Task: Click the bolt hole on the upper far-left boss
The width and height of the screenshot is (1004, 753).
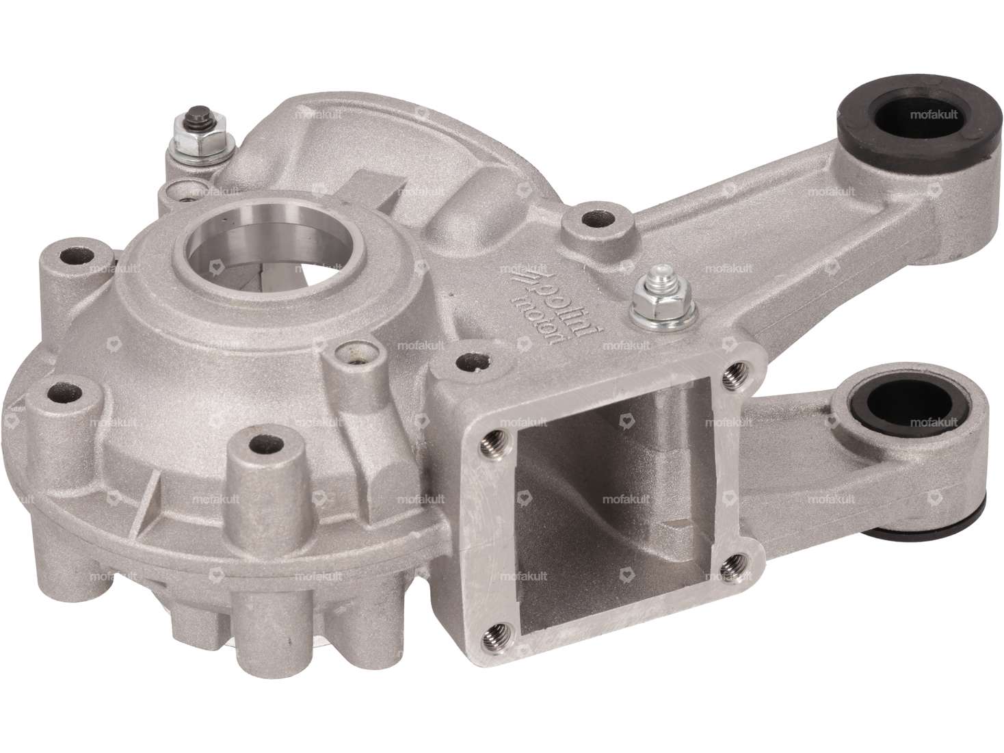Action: [68, 256]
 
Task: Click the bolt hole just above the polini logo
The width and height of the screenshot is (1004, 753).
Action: [589, 222]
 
